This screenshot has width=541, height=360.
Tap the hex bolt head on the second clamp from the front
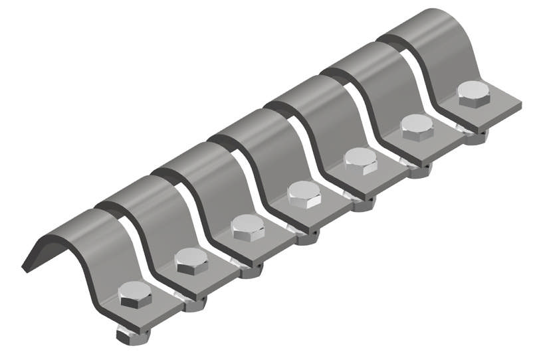(x=191, y=260)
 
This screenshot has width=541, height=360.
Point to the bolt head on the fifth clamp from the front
(x=361, y=160)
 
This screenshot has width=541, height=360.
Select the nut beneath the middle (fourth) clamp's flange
(x=307, y=236)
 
